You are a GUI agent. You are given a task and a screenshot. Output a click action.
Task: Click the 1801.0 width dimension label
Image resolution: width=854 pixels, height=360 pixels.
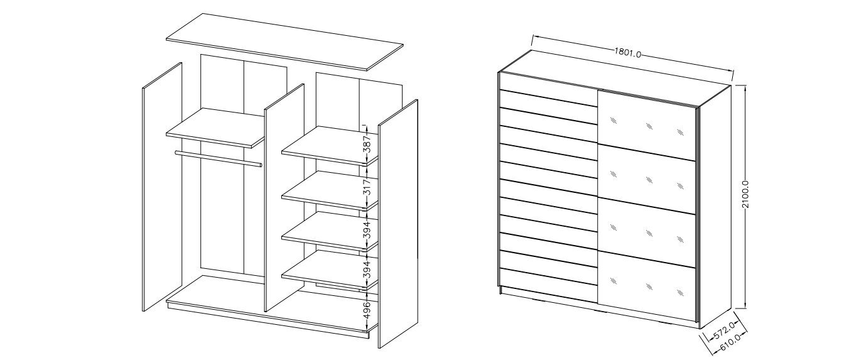[627, 53]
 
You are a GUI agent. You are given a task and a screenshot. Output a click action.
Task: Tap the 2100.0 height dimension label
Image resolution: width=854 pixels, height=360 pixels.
[746, 195]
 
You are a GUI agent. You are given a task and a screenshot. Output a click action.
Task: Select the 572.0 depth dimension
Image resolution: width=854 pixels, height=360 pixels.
[724, 330]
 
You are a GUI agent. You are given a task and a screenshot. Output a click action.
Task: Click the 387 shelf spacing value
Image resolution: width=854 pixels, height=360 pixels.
[367, 144]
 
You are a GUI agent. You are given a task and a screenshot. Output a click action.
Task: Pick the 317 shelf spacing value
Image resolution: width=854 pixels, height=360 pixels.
[367, 187]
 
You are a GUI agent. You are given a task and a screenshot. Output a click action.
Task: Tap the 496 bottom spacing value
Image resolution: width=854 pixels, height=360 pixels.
[367, 310]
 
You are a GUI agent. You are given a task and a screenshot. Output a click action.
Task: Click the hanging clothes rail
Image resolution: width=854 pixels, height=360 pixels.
[219, 159]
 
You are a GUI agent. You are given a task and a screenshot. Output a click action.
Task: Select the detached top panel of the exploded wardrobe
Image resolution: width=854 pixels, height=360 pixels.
[284, 42]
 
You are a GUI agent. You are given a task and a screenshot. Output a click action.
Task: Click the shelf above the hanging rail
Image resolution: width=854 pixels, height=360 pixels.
[215, 128]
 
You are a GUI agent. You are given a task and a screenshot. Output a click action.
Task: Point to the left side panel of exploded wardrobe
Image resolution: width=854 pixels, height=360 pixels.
[162, 187]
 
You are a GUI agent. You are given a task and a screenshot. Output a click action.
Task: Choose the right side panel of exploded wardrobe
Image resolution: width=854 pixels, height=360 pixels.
[397, 224]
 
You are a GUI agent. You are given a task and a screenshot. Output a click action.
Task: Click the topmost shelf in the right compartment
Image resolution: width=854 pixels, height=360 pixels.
[330, 146]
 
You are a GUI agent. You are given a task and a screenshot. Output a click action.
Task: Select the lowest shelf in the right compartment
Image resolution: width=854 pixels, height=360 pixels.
[330, 270]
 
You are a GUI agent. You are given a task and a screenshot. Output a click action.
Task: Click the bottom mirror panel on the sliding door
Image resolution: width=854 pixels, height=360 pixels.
[647, 286]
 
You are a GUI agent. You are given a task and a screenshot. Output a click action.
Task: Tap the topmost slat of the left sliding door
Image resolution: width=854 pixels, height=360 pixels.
[548, 89]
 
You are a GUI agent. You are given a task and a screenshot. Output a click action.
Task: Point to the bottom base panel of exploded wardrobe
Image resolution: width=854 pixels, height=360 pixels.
[273, 305]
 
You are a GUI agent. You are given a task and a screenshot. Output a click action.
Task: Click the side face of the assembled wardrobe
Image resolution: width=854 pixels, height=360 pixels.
[715, 206]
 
